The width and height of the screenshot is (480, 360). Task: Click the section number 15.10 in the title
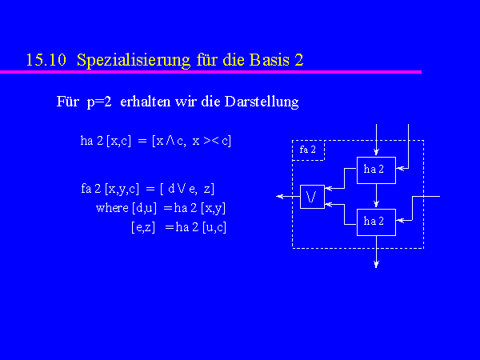coord(46,60)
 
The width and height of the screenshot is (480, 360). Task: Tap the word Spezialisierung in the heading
coord(133,60)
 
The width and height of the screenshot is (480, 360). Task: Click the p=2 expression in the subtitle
coord(99,102)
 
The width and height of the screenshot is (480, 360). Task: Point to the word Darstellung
coord(262,102)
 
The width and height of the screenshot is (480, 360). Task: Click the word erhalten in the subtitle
coord(146,102)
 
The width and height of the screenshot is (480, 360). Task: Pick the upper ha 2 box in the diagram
coord(376,170)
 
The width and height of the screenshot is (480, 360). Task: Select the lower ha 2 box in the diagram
coord(376,222)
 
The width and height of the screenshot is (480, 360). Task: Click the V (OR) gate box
coord(312,197)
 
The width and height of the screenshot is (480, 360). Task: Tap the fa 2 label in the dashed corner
coord(307,150)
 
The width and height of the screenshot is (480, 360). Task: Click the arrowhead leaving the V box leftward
coord(279,197)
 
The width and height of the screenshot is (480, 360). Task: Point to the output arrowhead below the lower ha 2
coord(376,264)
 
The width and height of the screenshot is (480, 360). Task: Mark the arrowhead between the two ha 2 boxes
coord(376,203)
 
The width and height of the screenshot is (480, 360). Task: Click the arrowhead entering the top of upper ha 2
coord(376,151)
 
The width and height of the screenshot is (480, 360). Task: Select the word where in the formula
coord(112,208)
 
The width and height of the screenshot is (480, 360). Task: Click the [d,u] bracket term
coord(144,209)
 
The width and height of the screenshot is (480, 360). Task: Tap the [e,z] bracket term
coord(143,228)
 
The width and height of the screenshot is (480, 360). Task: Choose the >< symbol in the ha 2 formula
coord(211,141)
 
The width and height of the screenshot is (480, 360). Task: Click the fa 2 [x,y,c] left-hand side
coord(110,189)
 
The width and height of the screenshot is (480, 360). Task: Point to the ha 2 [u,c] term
coord(201,227)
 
